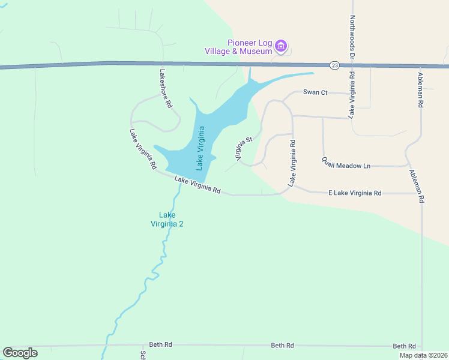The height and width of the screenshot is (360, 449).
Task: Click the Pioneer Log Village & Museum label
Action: pyautogui.click(x=250, y=47)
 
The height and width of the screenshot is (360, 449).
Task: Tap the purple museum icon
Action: pyautogui.click(x=281, y=46)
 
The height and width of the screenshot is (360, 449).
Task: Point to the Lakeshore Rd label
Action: pyautogui.click(x=166, y=88)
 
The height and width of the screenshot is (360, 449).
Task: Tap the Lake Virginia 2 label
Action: pyautogui.click(x=166, y=219)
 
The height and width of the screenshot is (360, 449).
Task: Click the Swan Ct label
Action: pyautogui.click(x=315, y=92)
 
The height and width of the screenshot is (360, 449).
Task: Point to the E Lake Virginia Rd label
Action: pyautogui.click(x=355, y=193)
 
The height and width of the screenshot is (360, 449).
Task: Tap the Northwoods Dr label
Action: pyautogui.click(x=352, y=35)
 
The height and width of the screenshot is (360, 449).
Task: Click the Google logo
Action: pyautogui.click(x=20, y=353)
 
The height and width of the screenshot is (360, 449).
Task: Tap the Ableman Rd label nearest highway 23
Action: pyautogui.click(x=421, y=90)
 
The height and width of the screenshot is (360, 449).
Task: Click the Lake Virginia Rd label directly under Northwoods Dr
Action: pyautogui.click(x=352, y=94)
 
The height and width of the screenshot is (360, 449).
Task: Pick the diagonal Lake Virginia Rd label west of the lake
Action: pyautogui.click(x=143, y=148)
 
